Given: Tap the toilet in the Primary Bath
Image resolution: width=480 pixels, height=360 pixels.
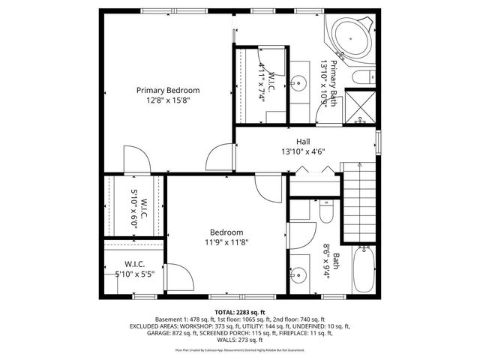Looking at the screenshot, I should [x=366, y=76].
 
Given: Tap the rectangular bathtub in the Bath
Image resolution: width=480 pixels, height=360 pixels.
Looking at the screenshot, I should [x=366, y=271].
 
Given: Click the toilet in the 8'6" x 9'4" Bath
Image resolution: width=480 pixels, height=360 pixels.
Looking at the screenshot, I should [x=326, y=214].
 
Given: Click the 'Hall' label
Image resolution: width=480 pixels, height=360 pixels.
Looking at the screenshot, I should [x=302, y=141].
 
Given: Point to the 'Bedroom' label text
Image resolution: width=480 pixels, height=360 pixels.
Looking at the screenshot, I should [x=226, y=232].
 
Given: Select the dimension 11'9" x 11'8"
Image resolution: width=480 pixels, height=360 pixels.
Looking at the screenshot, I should [x=226, y=242].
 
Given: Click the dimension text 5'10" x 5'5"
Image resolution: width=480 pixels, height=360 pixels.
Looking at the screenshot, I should [x=135, y=274].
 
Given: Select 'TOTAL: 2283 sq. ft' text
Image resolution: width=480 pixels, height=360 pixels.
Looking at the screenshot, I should [x=240, y=311].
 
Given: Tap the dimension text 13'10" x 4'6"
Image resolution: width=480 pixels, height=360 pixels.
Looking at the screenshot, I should [x=302, y=151].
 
